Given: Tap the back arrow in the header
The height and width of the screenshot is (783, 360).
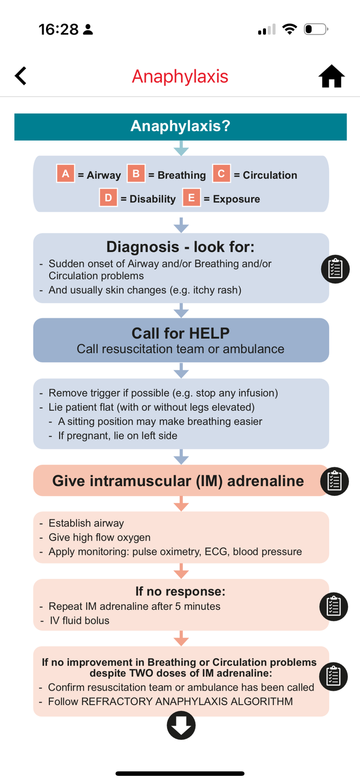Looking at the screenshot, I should click(21, 76).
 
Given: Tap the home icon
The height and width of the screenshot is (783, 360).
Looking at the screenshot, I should click(331, 76).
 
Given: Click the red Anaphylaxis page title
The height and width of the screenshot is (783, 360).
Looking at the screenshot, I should click(180, 76).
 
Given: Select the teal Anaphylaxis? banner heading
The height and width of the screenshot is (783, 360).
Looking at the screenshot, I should click(180, 126).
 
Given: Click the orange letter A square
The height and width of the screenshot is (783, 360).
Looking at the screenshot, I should click(65, 173).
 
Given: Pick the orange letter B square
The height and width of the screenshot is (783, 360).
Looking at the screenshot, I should click(136, 173).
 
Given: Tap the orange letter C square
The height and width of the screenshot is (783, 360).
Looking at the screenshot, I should click(221, 173).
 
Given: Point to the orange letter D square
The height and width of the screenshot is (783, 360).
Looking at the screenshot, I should click(108, 197).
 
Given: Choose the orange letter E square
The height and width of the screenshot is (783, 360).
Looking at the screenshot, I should click(191, 197).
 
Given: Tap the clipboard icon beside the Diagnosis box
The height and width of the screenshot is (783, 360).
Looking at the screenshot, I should click(335, 269).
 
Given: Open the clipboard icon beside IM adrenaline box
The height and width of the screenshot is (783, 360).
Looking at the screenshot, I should click(335, 481).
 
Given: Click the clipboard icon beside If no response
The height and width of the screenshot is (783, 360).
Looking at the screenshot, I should click(334, 606).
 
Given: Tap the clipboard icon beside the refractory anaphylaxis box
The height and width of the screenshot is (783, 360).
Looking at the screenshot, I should click(334, 676).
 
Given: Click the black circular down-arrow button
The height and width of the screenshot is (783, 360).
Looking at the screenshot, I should click(181, 725).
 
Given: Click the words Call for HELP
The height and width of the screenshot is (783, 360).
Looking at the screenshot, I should click(180, 333).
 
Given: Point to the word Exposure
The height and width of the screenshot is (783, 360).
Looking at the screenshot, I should click(236, 199).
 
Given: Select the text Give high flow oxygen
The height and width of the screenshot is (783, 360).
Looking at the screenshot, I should click(99, 537).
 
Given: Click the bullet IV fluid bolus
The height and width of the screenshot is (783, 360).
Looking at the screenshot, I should click(79, 620).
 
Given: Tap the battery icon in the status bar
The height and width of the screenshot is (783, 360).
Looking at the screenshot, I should click(316, 29).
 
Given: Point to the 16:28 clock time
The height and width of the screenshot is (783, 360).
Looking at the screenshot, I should click(59, 29).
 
